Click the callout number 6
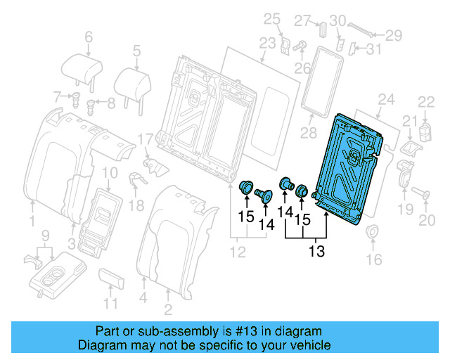coord(88,36)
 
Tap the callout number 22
coord(427,102)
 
